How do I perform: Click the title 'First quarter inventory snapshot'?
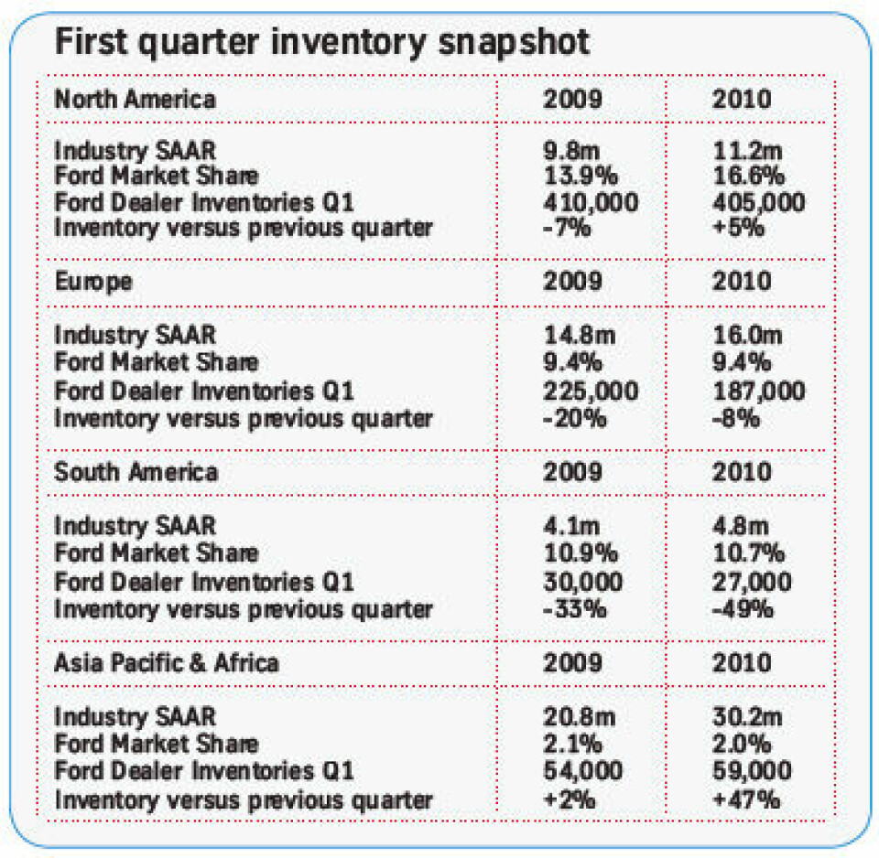[322, 43]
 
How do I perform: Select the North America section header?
[135, 99]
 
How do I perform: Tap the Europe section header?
[92, 281]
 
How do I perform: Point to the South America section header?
[136, 472]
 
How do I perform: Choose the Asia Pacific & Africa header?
[166, 661]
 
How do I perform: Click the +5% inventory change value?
[738, 227]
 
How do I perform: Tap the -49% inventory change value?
[743, 607]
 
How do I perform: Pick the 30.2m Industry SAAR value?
[749, 717]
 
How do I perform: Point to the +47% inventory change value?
[745, 799]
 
